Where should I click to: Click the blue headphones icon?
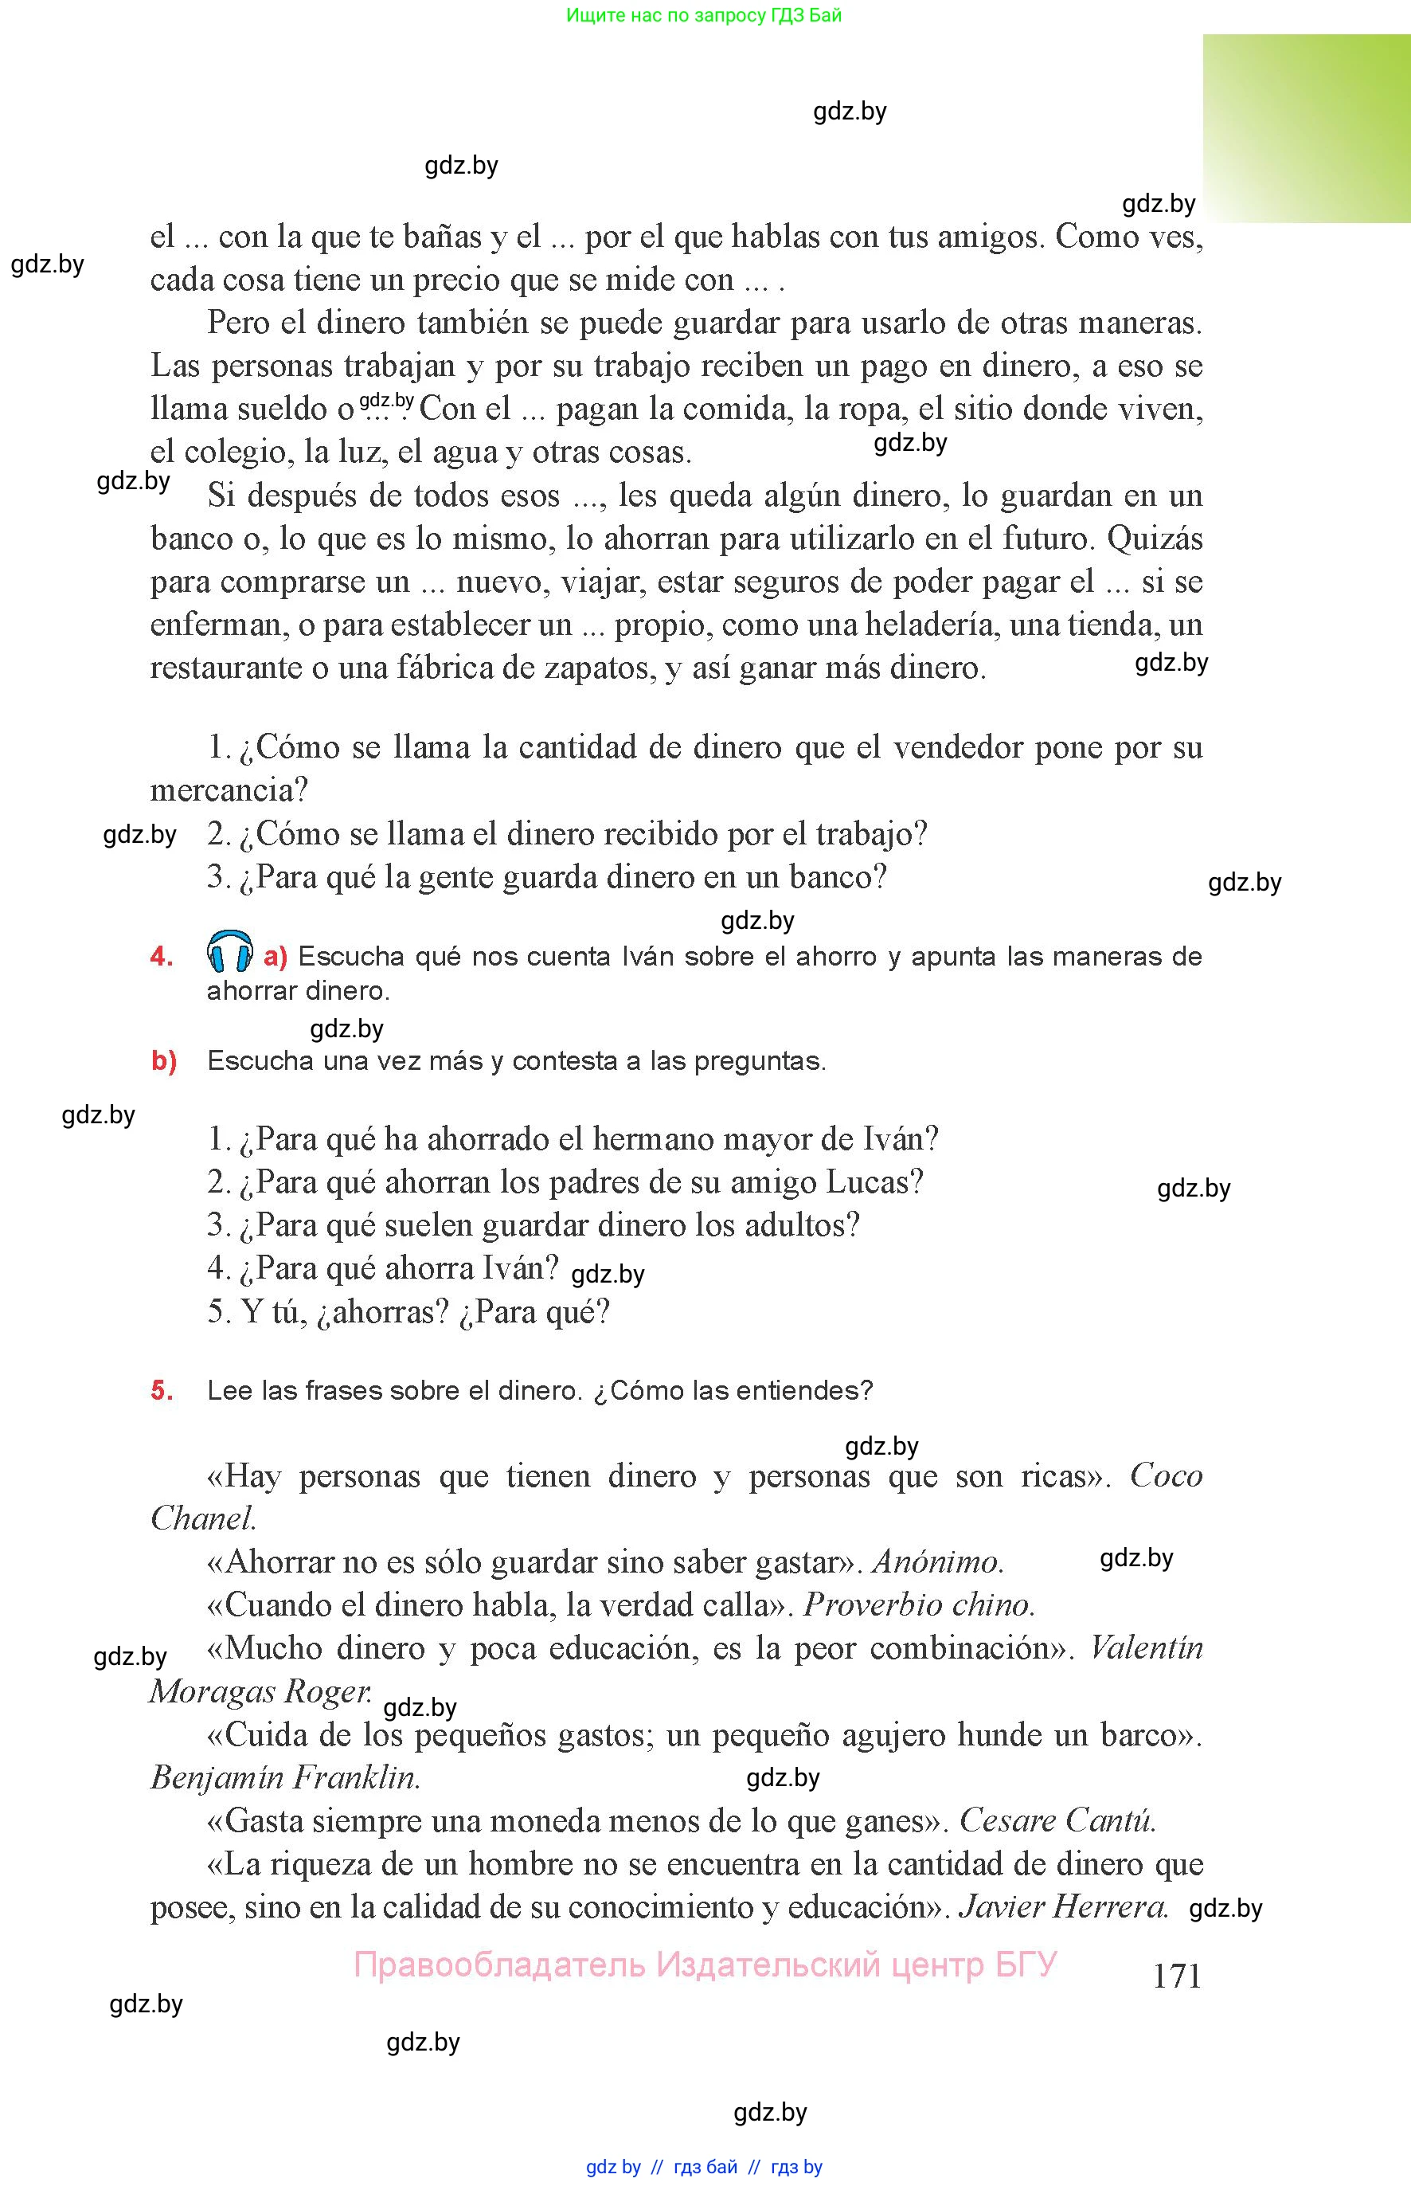coord(230,951)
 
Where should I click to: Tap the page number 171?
coord(1176,1975)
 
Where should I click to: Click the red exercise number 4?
coord(162,957)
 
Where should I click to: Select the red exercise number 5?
coord(162,1390)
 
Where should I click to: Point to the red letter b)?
coord(164,1061)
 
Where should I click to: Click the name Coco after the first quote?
coord(1166,1475)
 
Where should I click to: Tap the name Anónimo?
coord(937,1561)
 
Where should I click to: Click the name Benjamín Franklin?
coord(285,1777)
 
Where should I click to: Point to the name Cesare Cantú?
coord(1057,1820)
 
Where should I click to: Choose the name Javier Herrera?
coord(1063,1906)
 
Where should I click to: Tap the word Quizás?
coord(1155,539)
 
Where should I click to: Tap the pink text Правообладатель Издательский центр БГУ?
coord(705,1965)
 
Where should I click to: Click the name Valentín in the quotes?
coord(1146,1648)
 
